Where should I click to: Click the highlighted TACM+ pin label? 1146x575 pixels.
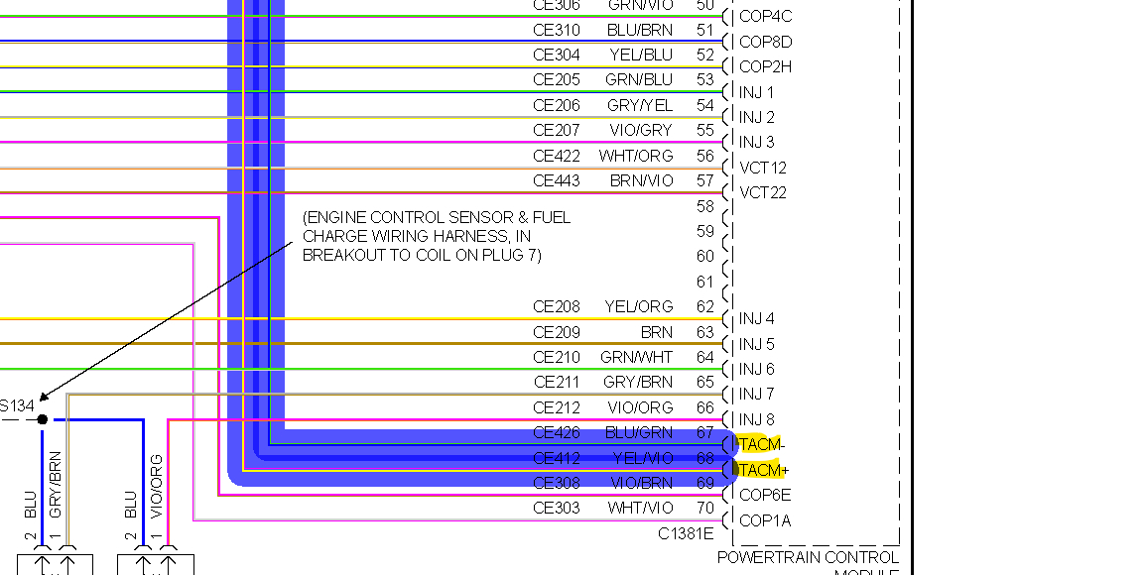pyautogui.click(x=762, y=470)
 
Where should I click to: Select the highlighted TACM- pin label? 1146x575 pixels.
pyautogui.click(x=762, y=444)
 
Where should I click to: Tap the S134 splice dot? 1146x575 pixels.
pyautogui.click(x=43, y=419)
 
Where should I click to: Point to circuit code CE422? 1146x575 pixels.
pyautogui.click(x=557, y=156)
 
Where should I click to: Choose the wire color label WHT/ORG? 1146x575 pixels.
pyautogui.click(x=636, y=156)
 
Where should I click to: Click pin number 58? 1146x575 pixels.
pyautogui.click(x=705, y=206)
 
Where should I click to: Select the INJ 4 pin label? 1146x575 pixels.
pyautogui.click(x=757, y=319)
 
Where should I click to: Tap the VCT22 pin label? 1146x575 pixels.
pyautogui.click(x=763, y=192)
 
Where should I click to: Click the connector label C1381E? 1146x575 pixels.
pyautogui.click(x=686, y=533)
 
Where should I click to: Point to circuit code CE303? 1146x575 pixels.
pyautogui.click(x=557, y=508)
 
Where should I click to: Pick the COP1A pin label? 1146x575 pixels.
pyautogui.click(x=765, y=520)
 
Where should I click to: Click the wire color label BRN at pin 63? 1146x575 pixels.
pyautogui.click(x=656, y=332)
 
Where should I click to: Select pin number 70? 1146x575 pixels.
pyautogui.click(x=705, y=508)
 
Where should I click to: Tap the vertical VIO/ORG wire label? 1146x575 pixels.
pyautogui.click(x=156, y=486)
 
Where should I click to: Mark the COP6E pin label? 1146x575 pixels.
pyautogui.click(x=765, y=495)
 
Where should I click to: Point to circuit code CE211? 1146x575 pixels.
pyautogui.click(x=557, y=382)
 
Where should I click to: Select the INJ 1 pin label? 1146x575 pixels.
pyautogui.click(x=756, y=92)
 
